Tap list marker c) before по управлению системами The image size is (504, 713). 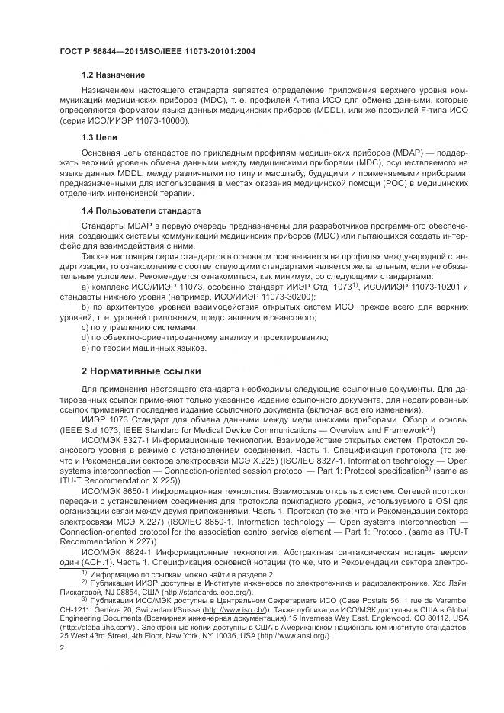coord(85,326)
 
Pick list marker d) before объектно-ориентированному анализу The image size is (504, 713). coord(85,337)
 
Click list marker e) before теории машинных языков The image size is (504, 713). coord(85,348)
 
